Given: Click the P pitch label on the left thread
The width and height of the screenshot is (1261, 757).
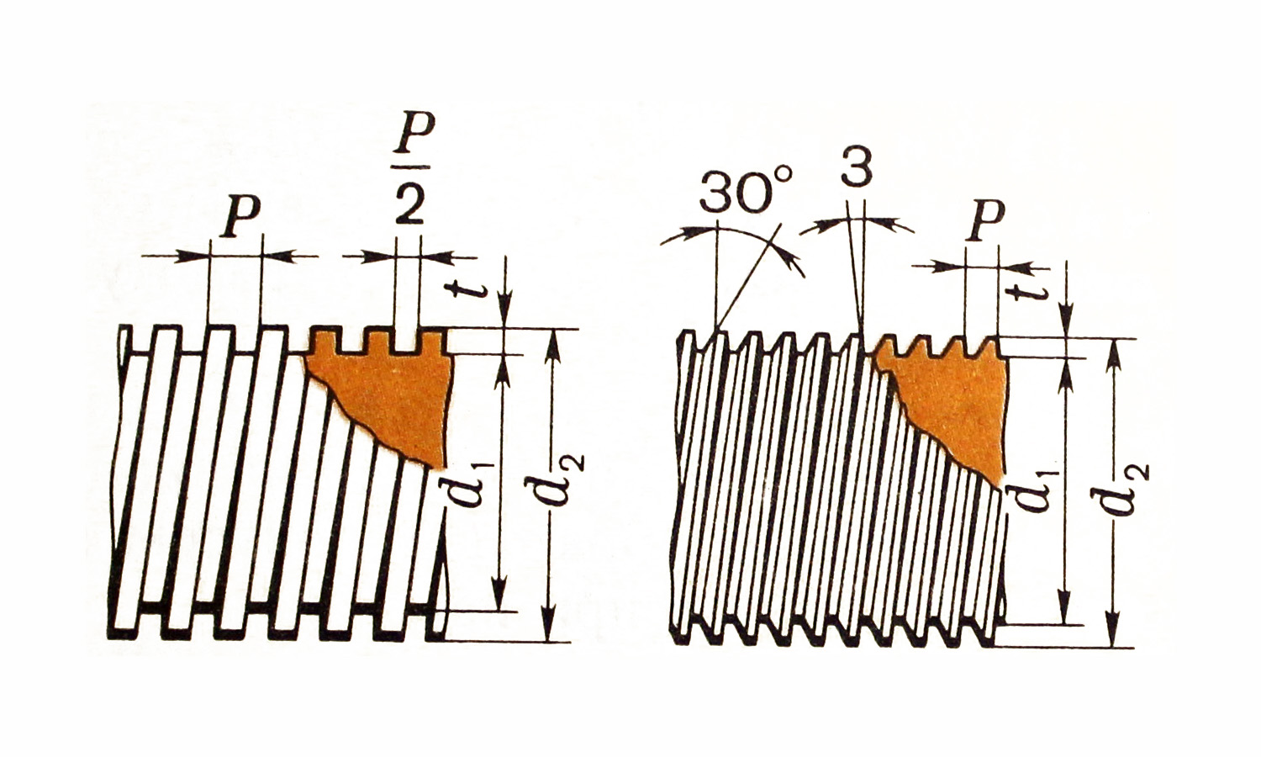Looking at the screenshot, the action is click(x=242, y=216).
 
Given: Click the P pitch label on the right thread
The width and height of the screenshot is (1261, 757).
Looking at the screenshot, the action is click(x=984, y=220).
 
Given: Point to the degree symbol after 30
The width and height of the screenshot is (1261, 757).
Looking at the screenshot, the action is click(x=782, y=177).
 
